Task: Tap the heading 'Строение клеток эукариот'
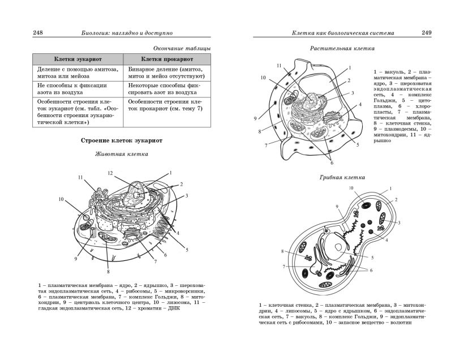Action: click(122, 140)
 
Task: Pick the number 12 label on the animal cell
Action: click(111, 173)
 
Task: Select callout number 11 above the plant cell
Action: click(279, 66)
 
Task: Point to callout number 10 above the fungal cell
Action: click(351, 187)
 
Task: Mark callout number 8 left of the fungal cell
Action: click(282, 251)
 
